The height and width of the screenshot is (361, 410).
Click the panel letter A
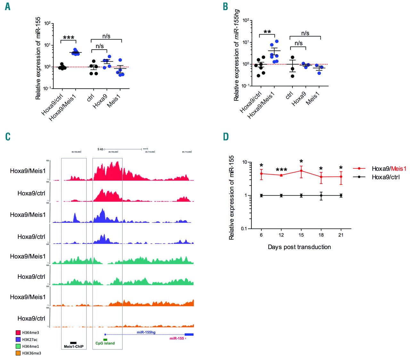tap(8, 6)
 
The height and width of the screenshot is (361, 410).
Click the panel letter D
tap(226, 137)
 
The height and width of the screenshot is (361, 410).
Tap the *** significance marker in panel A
tap(69, 37)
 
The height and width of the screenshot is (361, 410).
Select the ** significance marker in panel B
tap(267, 32)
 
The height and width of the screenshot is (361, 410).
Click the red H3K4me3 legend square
tap(18, 333)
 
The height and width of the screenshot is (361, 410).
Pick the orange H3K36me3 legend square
tap(18, 353)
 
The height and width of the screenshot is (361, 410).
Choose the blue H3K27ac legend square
tap(18, 339)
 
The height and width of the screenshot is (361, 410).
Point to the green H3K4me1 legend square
tap(18, 346)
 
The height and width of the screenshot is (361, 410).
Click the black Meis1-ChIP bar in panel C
tap(73, 343)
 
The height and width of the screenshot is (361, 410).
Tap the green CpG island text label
tap(105, 343)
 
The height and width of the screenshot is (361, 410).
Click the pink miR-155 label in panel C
tap(177, 338)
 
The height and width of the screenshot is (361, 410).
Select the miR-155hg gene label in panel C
tap(146, 332)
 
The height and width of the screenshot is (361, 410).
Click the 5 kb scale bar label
tap(100, 149)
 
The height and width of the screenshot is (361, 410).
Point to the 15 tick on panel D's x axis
tap(301, 235)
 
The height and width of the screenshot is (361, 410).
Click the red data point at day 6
tap(261, 174)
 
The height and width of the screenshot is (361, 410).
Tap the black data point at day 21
tap(341, 195)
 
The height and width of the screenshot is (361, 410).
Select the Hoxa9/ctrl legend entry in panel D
tap(385, 177)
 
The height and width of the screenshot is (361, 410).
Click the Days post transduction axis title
tap(299, 247)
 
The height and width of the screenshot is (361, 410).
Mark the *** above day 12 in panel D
tap(281, 169)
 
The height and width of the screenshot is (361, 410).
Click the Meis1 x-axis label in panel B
tap(313, 99)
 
